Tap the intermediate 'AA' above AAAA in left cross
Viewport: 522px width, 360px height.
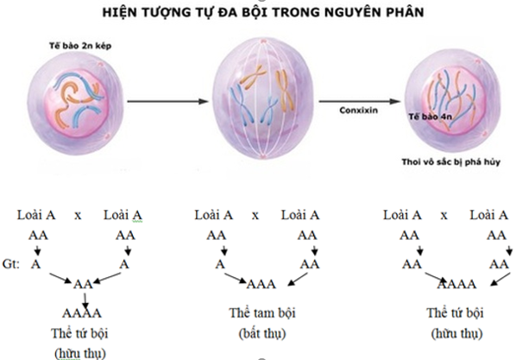point(83,282)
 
